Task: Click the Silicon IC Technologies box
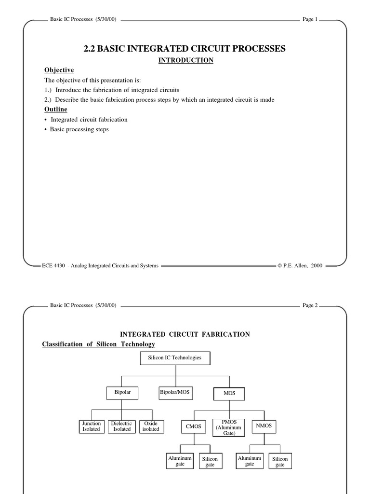(x=175, y=358)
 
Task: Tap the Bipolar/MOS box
(x=175, y=393)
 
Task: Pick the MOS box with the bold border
(x=229, y=394)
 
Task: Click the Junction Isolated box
(x=91, y=426)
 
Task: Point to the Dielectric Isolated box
(x=121, y=426)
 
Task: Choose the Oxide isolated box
(x=150, y=426)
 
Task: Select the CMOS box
(x=194, y=426)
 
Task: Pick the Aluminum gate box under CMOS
(x=180, y=461)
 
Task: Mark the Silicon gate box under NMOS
(x=280, y=462)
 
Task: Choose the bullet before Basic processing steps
(x=46, y=130)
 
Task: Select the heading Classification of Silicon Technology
(x=99, y=344)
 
